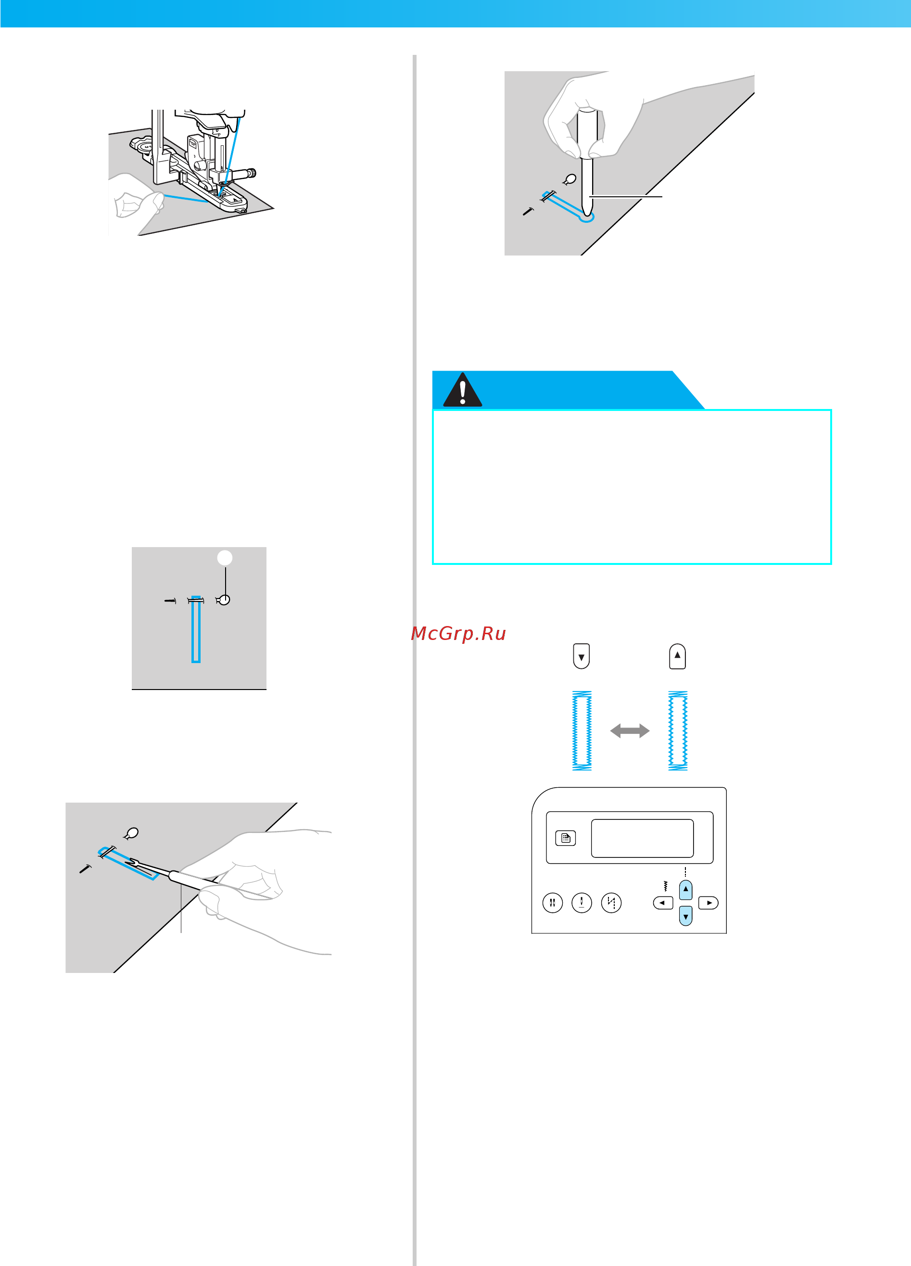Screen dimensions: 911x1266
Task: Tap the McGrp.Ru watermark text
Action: tap(458, 633)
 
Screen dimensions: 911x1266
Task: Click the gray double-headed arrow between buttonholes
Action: tap(630, 731)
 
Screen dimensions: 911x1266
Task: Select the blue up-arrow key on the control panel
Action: tap(685, 889)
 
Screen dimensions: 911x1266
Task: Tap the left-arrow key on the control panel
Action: tap(663, 903)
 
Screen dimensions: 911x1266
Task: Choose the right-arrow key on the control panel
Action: tap(709, 903)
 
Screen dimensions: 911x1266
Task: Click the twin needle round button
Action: tap(552, 903)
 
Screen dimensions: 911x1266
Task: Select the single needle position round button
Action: tap(582, 903)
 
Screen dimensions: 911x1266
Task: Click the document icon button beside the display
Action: tap(566, 838)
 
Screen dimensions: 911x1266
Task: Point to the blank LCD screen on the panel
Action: tap(642, 838)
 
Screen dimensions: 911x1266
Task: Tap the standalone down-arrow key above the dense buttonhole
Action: tap(582, 656)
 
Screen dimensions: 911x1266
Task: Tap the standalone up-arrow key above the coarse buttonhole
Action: tap(677, 656)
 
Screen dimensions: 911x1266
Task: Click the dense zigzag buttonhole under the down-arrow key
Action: tap(582, 731)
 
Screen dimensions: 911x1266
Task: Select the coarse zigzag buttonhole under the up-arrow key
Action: tap(678, 731)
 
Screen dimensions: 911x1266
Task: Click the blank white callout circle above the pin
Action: tap(224, 558)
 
